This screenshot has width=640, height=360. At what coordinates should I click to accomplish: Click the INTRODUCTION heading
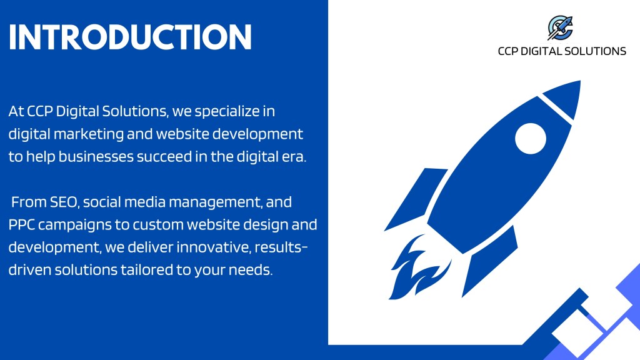(130, 37)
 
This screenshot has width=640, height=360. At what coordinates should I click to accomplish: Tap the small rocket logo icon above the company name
(561, 27)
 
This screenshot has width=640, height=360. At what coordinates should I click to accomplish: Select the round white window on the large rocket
(530, 138)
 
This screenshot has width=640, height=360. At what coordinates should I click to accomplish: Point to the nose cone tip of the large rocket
(579, 81)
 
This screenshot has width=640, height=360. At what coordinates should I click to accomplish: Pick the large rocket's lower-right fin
(489, 261)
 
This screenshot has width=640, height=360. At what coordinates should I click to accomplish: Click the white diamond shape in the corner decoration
(577, 332)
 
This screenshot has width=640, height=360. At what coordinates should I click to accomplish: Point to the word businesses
(96, 157)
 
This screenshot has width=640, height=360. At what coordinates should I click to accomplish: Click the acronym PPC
(22, 225)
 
